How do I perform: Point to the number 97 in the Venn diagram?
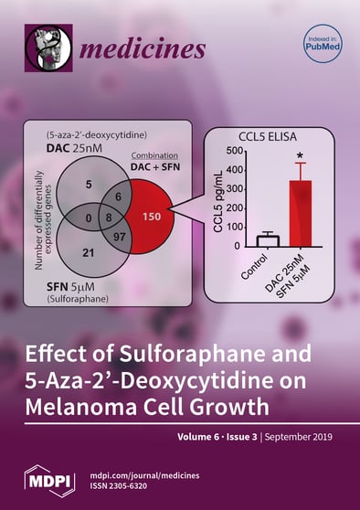[119, 238]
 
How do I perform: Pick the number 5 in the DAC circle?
[89, 185]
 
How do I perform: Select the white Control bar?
[241, 240]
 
